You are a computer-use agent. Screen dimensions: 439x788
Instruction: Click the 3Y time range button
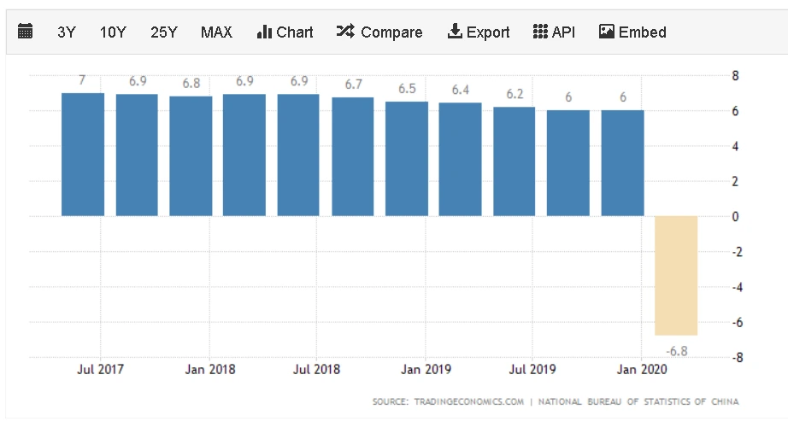(x=67, y=32)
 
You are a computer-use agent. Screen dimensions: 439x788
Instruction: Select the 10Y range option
(x=113, y=32)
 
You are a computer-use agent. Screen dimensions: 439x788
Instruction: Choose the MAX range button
(x=216, y=32)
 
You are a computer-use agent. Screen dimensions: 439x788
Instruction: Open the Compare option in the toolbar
(x=379, y=32)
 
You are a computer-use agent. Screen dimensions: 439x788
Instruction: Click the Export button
(x=479, y=32)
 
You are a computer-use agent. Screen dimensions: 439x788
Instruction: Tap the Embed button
(x=632, y=32)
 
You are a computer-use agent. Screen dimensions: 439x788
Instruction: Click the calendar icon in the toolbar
(x=26, y=32)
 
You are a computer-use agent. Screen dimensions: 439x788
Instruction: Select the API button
(x=553, y=32)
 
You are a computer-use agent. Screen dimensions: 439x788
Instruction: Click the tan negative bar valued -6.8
(x=676, y=275)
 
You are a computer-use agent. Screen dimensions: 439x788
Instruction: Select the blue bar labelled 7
(x=83, y=154)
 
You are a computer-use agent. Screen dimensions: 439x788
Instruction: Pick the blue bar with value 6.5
(x=407, y=159)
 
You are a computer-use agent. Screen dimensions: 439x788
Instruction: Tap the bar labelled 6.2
(x=515, y=161)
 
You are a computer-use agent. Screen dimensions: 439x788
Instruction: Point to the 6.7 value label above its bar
(x=353, y=85)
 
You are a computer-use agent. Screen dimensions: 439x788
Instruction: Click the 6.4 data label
(x=461, y=90)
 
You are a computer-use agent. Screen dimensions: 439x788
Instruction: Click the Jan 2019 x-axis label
(x=426, y=370)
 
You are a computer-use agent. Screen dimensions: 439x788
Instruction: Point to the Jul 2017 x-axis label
(x=101, y=370)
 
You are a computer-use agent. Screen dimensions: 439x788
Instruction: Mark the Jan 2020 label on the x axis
(x=642, y=370)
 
